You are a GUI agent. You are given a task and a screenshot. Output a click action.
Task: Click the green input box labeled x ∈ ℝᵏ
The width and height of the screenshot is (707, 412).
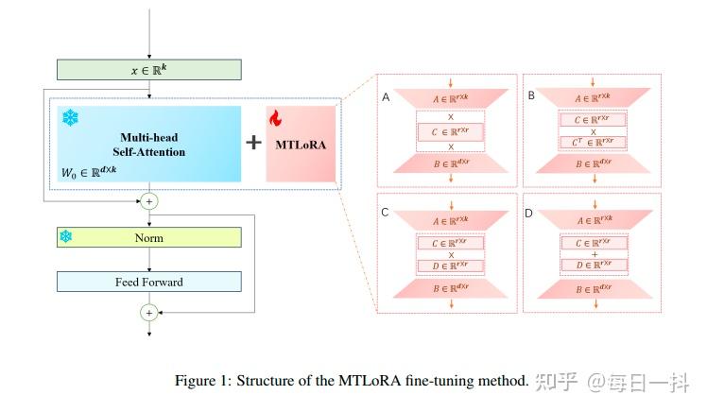149,70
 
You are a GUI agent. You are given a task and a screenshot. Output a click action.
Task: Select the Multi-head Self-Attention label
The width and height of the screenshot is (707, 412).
152,144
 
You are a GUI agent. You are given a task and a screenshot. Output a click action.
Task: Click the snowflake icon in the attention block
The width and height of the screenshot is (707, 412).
69,118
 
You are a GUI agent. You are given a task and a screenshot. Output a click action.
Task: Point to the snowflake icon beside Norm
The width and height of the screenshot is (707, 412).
66,237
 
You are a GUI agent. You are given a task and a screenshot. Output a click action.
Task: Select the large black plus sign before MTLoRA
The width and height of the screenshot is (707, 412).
253,143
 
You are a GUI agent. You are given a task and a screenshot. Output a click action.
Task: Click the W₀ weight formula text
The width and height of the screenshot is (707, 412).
89,170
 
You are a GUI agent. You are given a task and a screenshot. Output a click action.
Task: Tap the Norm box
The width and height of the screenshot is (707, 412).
149,237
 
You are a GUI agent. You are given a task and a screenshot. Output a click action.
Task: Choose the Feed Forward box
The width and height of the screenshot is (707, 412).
149,282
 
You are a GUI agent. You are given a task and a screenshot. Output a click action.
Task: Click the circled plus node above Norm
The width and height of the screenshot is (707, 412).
149,201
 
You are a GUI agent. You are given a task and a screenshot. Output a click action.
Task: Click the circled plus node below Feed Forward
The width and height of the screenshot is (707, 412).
149,312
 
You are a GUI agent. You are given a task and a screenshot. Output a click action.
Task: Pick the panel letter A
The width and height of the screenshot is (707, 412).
386,97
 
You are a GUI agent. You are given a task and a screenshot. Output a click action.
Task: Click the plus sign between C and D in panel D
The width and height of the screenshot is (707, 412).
594,254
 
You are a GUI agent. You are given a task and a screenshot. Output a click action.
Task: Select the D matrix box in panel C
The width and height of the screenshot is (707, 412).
451,266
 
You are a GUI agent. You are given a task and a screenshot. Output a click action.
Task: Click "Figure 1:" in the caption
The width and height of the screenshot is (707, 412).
202,381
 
